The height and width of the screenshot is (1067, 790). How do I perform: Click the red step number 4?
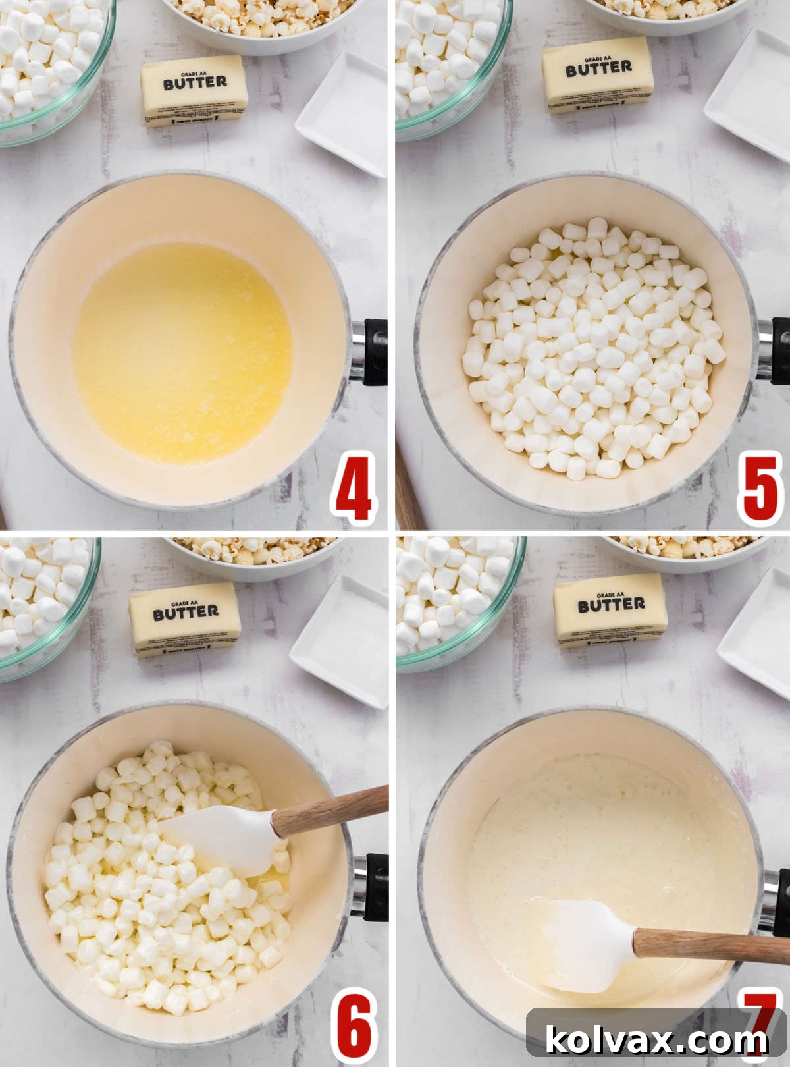point(354,488)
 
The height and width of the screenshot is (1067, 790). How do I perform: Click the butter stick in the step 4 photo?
point(194,91)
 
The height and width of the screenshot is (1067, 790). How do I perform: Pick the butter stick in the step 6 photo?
point(185,619)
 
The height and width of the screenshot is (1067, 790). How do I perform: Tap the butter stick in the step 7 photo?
point(610,611)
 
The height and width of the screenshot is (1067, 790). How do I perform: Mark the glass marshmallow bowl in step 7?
point(454,599)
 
